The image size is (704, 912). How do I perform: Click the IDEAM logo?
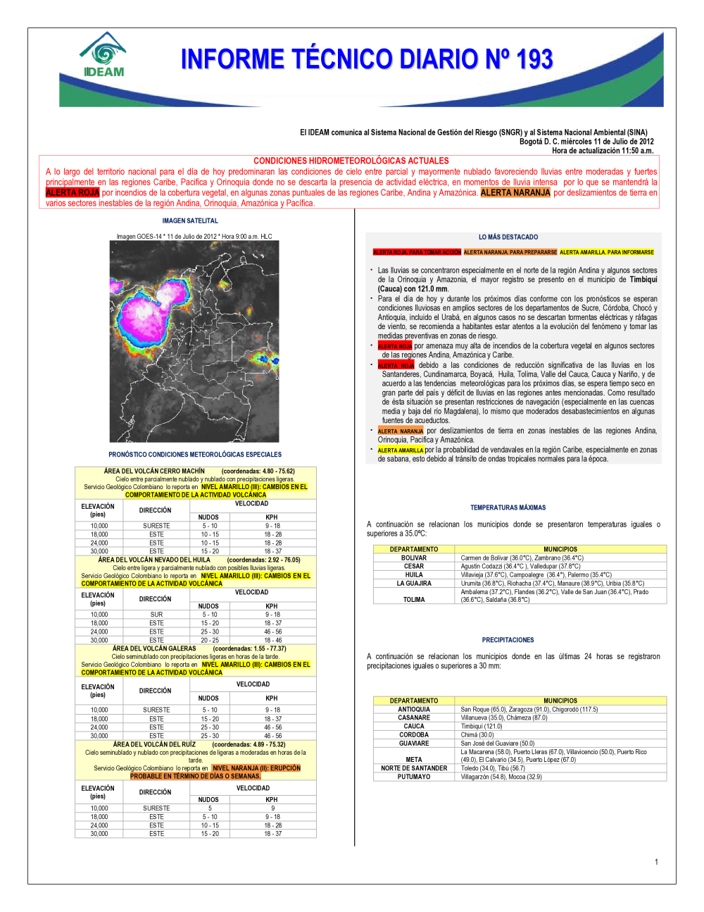[x=103, y=55]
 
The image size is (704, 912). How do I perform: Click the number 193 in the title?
[x=534, y=60]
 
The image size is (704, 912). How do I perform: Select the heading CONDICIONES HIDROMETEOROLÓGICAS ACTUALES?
[x=351, y=161]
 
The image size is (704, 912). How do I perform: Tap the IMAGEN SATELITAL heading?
[x=190, y=221]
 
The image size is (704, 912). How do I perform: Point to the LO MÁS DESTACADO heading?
[x=508, y=237]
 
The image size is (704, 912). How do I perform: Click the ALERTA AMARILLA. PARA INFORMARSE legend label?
[x=606, y=252]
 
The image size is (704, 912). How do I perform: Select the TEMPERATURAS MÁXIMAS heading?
[x=508, y=507]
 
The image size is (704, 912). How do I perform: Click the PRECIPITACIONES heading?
[x=508, y=640]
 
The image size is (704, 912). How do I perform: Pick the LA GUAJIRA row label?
[x=414, y=583]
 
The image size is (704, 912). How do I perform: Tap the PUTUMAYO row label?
[x=414, y=777]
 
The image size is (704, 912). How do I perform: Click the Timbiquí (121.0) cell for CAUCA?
[x=482, y=726]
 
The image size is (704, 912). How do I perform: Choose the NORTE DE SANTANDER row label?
[x=414, y=768]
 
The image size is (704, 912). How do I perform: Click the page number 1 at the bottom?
[x=656, y=861]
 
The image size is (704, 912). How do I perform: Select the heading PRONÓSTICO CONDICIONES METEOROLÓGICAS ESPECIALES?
[x=195, y=455]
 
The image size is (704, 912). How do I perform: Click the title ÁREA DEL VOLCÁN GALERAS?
[x=154, y=648]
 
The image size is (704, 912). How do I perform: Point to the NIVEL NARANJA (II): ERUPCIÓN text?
[x=256, y=768]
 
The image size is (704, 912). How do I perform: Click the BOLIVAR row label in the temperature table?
[x=414, y=557]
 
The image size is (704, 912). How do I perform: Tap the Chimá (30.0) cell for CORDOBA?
[x=477, y=734]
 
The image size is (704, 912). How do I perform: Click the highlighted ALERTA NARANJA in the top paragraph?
[x=515, y=192]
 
